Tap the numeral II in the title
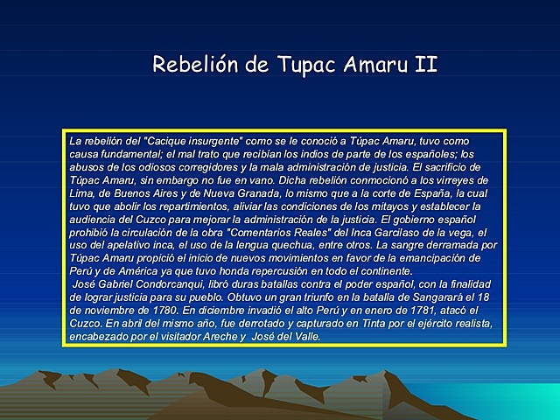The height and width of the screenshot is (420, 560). pyautogui.click(x=425, y=65)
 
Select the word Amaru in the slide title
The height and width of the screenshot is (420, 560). pyautogui.click(x=368, y=65)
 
